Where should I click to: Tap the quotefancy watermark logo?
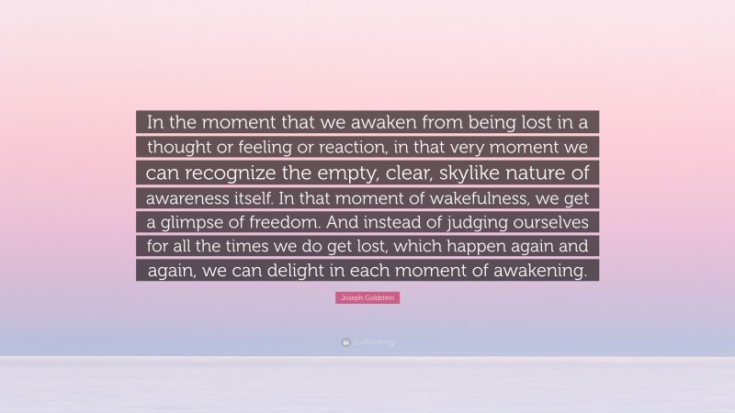pos(367,342)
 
